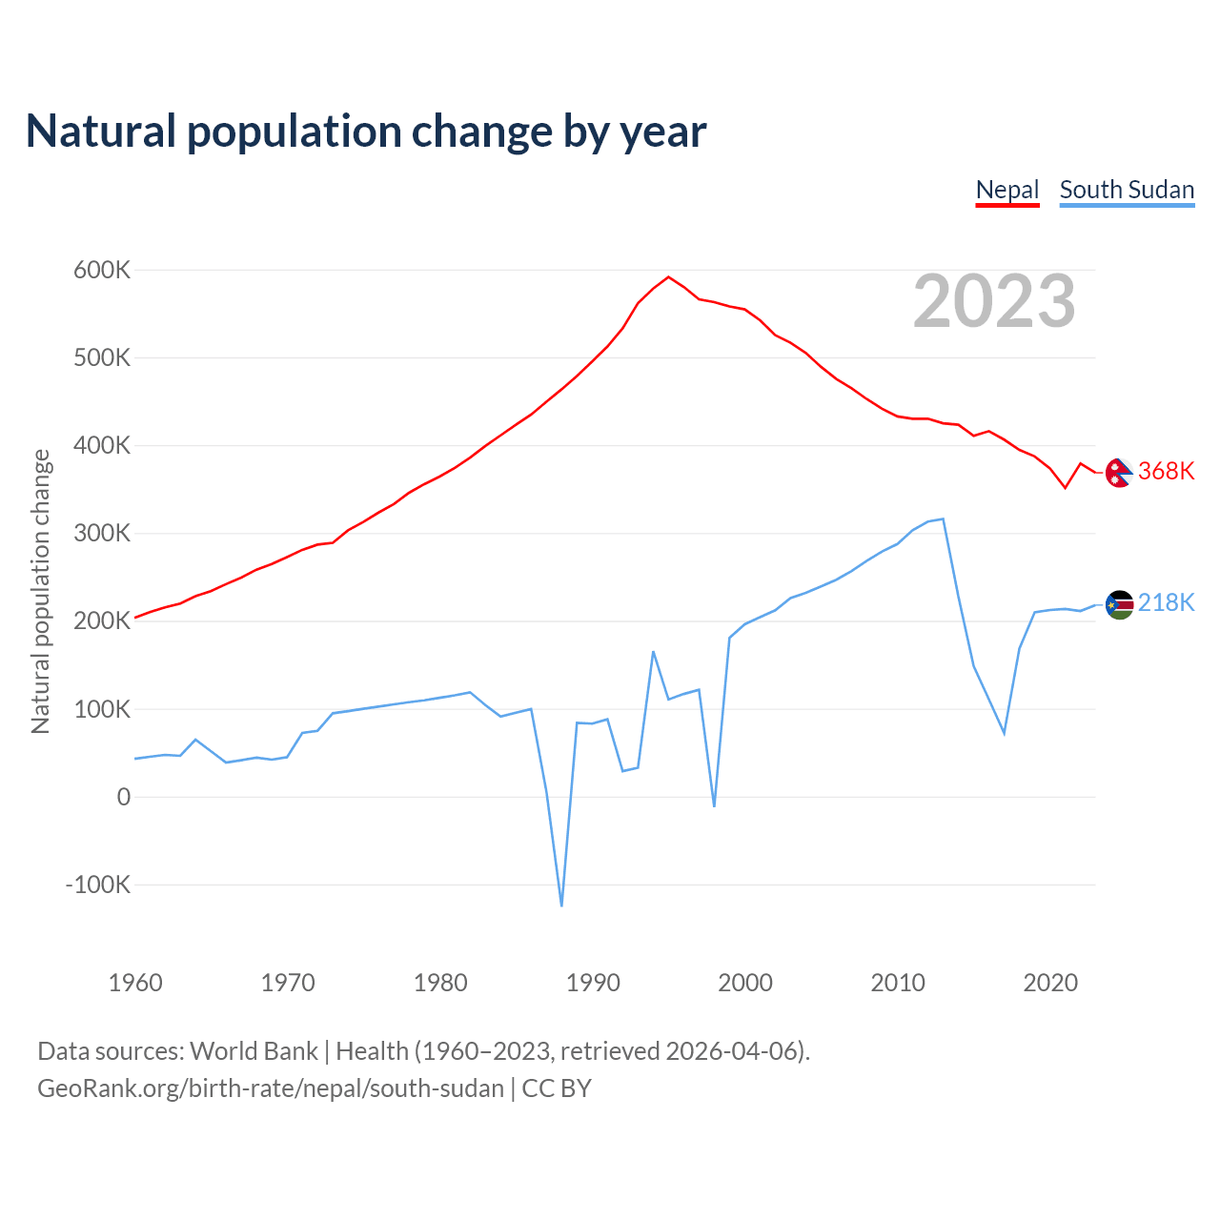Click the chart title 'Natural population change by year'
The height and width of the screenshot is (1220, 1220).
(365, 132)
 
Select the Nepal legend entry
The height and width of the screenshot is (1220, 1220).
(1007, 190)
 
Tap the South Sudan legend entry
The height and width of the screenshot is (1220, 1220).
(1127, 190)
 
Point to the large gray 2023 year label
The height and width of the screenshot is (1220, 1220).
(994, 301)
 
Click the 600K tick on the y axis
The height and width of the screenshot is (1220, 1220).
(102, 270)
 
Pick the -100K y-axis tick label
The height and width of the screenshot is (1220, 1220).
(97, 884)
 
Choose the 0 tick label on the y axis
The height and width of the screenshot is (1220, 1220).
(123, 797)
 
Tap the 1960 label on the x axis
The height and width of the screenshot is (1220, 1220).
(135, 983)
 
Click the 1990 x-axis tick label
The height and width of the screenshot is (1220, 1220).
(593, 983)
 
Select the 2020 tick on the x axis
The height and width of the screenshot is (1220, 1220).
(1050, 983)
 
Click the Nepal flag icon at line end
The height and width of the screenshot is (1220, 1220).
(1119, 472)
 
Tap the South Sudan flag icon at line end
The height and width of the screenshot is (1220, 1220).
(1119, 603)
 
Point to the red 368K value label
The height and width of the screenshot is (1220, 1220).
(1166, 471)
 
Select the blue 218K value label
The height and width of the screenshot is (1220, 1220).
(1166, 602)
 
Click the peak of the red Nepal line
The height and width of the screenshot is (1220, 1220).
(668, 277)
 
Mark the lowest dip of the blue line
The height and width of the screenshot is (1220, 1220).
(561, 905)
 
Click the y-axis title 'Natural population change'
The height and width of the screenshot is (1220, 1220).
(40, 591)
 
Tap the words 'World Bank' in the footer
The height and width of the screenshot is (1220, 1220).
(254, 1050)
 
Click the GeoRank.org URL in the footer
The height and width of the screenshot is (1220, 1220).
(271, 1088)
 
